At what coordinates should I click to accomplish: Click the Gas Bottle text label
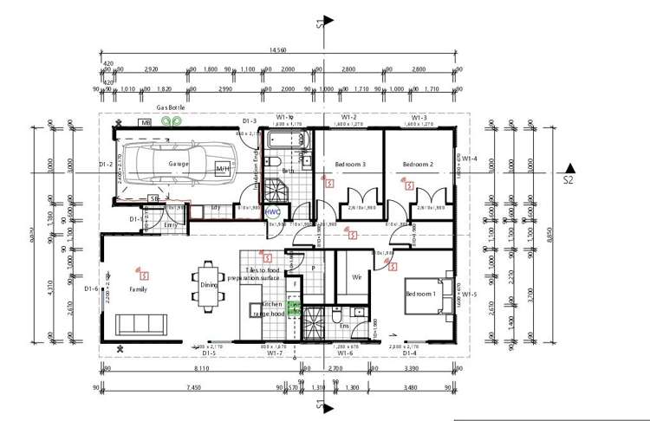coord(171,107)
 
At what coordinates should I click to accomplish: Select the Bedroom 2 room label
coord(417,164)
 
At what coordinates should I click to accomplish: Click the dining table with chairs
coord(208,284)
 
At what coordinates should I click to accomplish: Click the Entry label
coord(170,224)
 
